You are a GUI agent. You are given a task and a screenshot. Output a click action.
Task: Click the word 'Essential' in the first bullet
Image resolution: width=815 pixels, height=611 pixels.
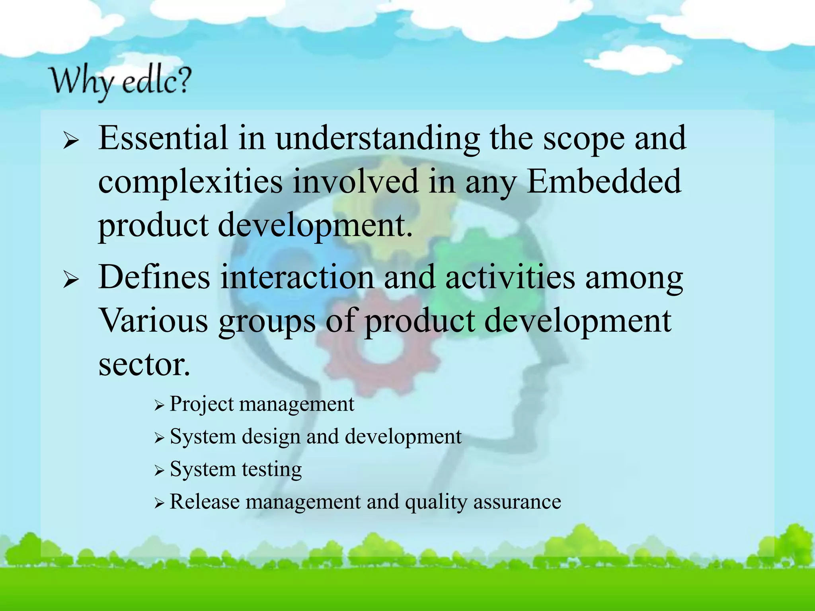click(163, 138)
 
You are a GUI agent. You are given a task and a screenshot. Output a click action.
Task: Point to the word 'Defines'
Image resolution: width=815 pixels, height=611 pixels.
click(154, 277)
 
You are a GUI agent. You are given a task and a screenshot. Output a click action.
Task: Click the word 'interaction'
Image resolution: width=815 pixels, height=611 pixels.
click(296, 277)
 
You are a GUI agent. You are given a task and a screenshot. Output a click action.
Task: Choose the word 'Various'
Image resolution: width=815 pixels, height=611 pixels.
click(153, 321)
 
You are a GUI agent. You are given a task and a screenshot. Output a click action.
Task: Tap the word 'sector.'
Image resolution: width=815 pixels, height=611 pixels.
click(144, 365)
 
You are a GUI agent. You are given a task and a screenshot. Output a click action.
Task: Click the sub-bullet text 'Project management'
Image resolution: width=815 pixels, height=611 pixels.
click(261, 404)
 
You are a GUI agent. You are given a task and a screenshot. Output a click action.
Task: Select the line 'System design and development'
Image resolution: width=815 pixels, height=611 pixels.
click(315, 437)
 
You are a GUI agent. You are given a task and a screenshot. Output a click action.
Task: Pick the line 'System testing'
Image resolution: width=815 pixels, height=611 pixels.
click(236, 470)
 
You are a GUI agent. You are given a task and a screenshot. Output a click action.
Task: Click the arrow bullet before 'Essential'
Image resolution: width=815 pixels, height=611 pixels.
click(71, 141)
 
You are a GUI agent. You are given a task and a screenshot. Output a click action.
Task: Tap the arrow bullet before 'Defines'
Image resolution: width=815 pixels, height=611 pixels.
click(71, 280)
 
